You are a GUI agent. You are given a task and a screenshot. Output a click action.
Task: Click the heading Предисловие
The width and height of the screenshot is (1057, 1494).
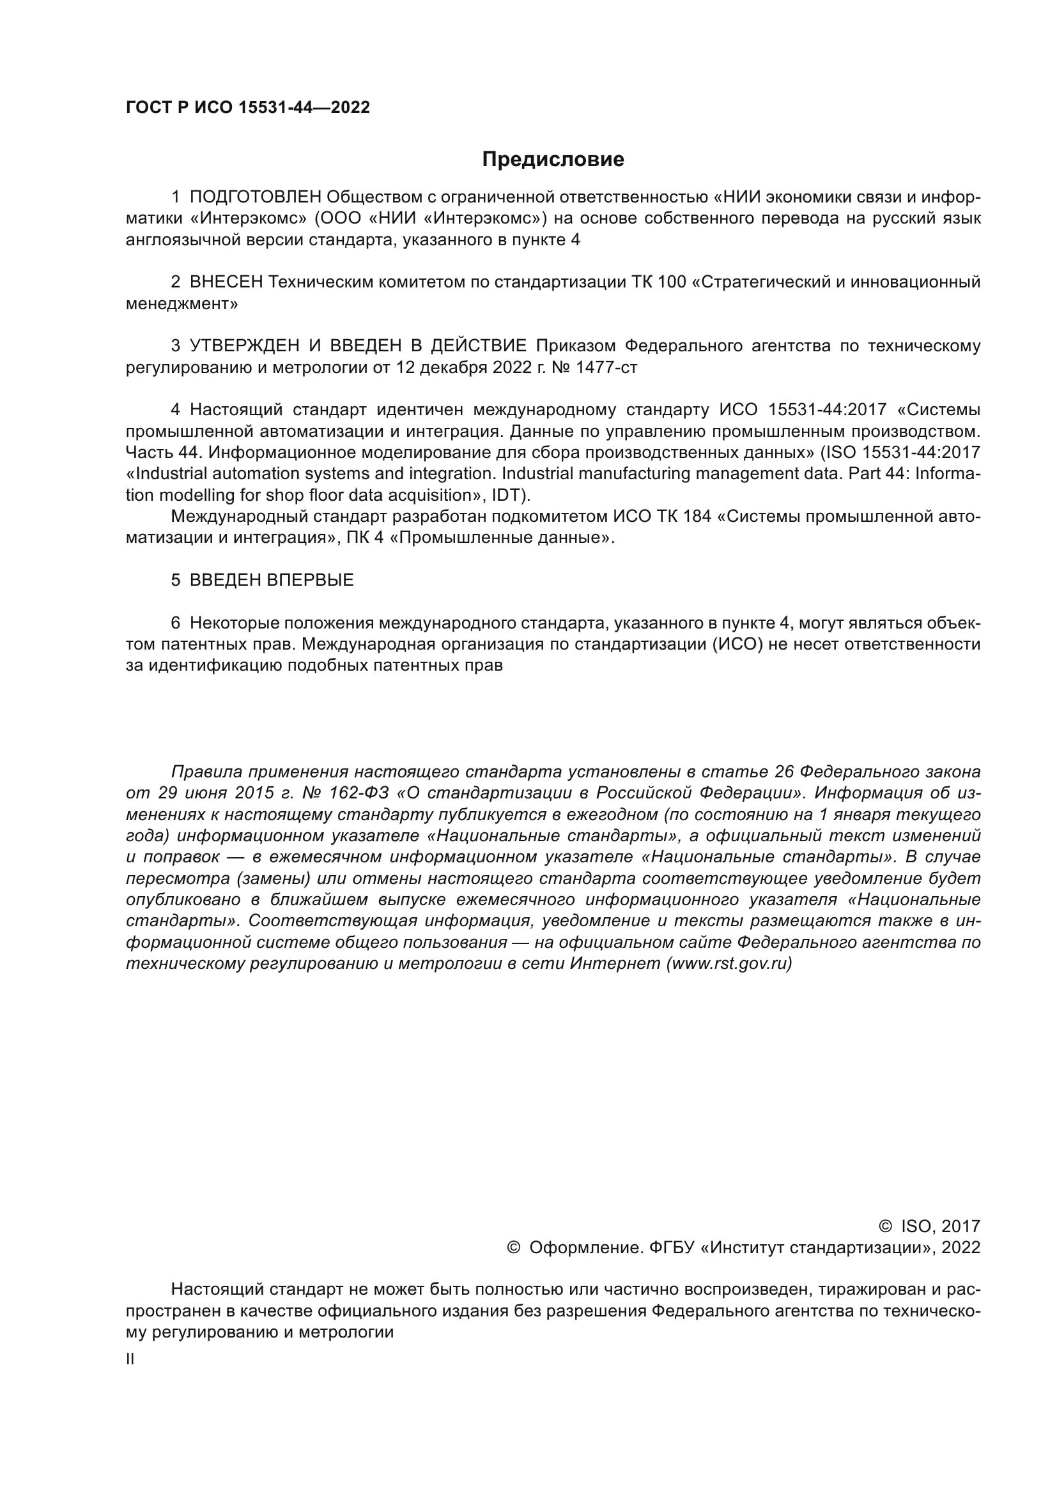[553, 160]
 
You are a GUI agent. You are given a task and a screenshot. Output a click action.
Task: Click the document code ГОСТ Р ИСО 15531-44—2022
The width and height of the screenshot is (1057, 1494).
[247, 108]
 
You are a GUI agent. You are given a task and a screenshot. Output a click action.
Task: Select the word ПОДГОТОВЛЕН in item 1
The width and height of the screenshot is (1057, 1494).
[255, 197]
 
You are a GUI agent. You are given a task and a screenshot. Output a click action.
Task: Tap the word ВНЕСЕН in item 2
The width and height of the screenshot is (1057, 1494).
[226, 282]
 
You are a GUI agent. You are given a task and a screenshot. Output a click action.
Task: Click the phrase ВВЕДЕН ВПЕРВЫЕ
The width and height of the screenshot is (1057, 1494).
[272, 581]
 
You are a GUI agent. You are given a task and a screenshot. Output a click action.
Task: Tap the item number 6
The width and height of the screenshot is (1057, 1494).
[176, 623]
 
